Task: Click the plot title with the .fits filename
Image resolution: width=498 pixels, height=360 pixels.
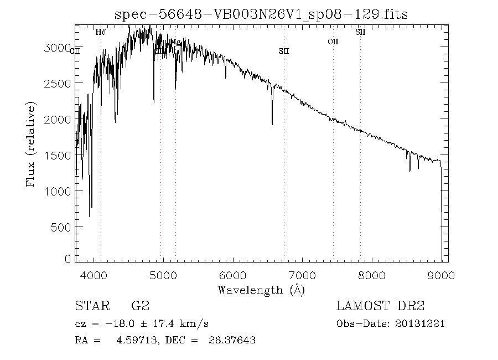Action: [x=261, y=14]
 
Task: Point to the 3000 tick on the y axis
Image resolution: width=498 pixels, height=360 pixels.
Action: [x=58, y=48]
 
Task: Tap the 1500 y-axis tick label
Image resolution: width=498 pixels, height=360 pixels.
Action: [x=58, y=155]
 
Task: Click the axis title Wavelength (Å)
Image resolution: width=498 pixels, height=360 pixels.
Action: [x=261, y=290]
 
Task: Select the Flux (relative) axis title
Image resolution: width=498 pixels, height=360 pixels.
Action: [x=31, y=144]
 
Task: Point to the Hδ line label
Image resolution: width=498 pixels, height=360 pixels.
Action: [x=100, y=32]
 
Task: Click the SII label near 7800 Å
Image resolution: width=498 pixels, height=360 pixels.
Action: [x=360, y=32]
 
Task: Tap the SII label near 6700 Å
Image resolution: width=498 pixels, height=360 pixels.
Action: [x=284, y=51]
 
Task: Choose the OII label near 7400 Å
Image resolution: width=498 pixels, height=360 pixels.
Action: [x=333, y=41]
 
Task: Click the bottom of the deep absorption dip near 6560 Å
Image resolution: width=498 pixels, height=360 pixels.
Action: [x=272, y=124]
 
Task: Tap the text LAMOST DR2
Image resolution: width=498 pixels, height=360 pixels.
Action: [x=380, y=306]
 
